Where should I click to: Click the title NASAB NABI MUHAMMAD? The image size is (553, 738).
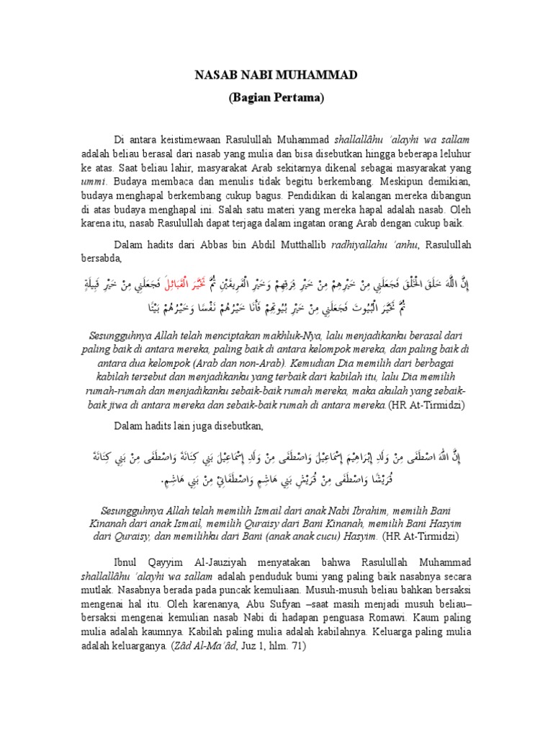[x=276, y=74]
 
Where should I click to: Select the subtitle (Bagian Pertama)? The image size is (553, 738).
[x=276, y=97]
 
